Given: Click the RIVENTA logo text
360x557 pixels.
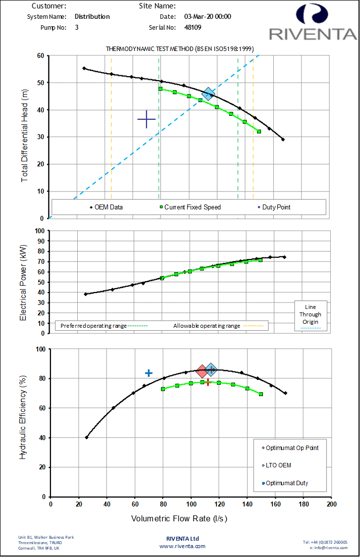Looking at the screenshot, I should pos(312,34).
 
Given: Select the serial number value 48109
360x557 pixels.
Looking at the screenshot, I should pos(193,28).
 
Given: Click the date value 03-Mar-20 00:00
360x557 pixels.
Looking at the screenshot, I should pos(207,16).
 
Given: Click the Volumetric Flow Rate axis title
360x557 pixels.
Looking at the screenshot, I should pos(179,519).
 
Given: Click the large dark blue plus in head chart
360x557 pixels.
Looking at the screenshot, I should pos(147,119).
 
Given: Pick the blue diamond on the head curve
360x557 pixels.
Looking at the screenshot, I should pos(208,93).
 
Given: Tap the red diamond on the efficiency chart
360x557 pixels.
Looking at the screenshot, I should pos(202,371).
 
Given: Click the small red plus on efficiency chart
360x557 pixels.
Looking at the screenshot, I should pos(208,382).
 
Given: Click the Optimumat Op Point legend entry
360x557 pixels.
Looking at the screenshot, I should pos(292,448).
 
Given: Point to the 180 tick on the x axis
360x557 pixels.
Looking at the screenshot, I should pos(304,504).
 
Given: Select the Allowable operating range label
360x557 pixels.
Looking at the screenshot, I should pos(206,326).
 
